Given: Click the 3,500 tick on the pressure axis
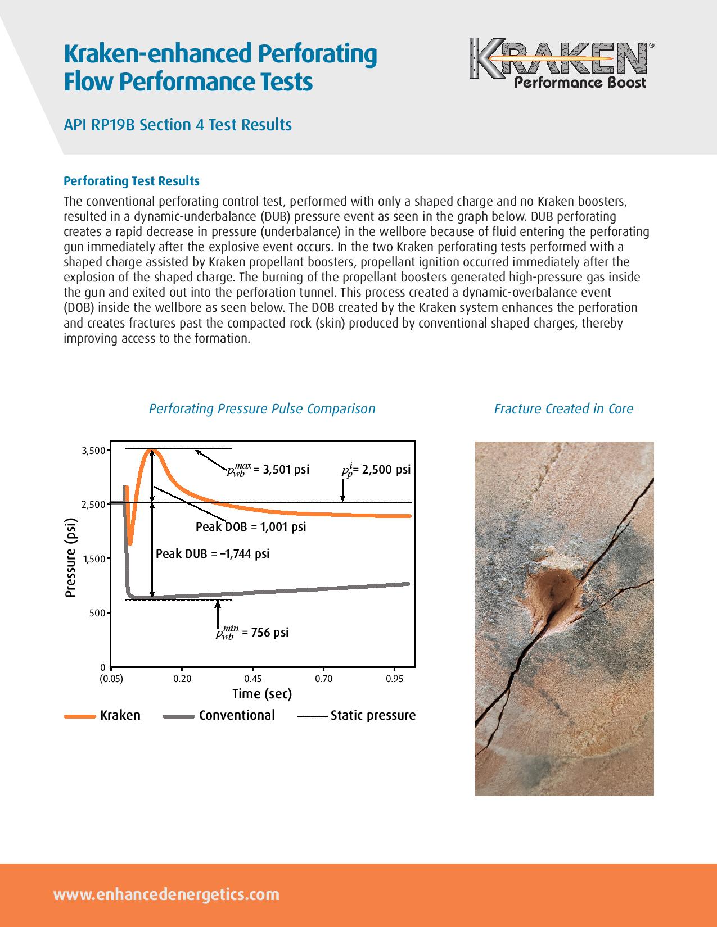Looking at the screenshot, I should [x=93, y=451].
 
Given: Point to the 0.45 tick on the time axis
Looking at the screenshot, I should [x=253, y=679].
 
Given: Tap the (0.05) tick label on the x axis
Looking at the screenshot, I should [x=111, y=679].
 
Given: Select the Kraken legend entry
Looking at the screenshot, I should [x=103, y=715].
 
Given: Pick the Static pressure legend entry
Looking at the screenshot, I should [x=357, y=715].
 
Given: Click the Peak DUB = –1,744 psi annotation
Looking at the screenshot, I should [x=213, y=554].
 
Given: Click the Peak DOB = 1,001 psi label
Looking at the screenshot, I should [x=251, y=527].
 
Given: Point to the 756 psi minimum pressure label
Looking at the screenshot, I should [x=252, y=633].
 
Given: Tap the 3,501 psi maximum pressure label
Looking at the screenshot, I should [x=268, y=470].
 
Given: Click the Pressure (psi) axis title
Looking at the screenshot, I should [x=71, y=557].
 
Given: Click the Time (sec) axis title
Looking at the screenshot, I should [x=262, y=694].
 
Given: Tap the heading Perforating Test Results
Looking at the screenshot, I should [x=132, y=181].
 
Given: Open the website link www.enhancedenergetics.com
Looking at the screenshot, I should [x=166, y=894].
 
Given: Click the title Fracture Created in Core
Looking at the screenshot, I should [x=563, y=409].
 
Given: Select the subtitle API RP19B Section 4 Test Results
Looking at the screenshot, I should [x=178, y=124].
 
